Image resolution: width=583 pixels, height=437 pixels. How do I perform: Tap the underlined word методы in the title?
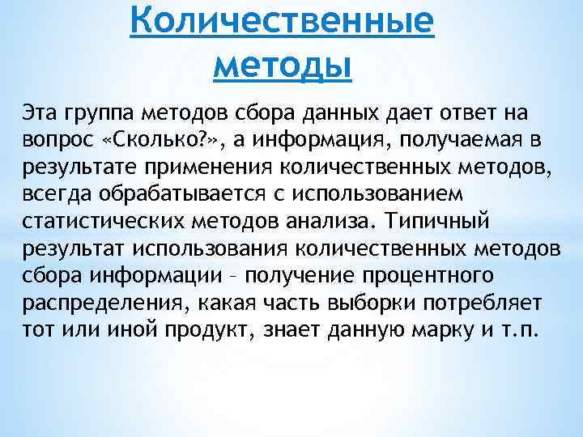point(283,63)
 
